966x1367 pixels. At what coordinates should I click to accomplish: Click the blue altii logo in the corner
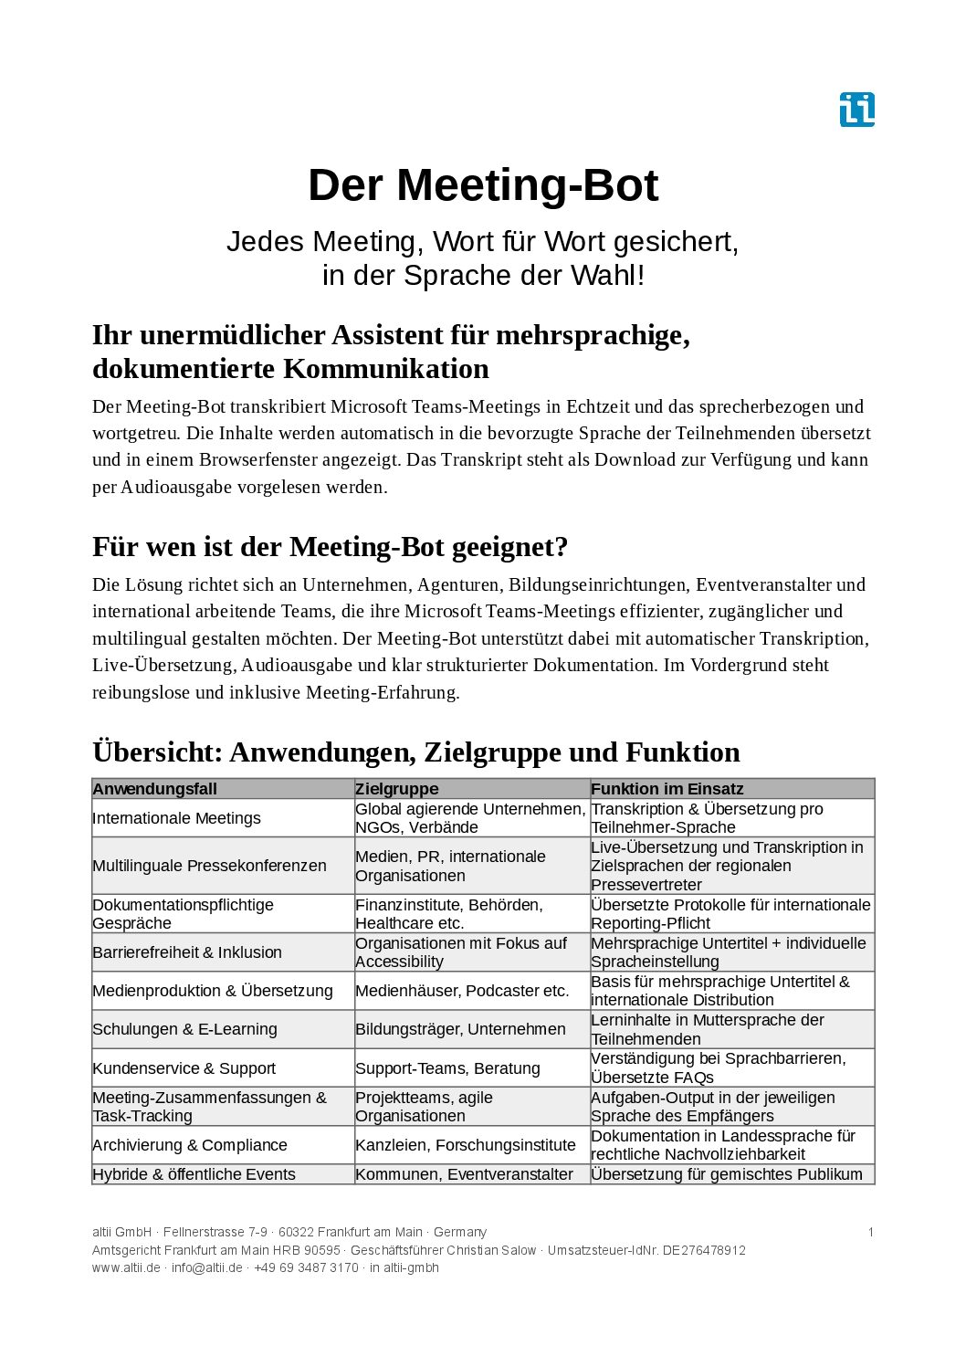[856, 110]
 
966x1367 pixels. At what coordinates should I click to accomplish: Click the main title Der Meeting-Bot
[483, 185]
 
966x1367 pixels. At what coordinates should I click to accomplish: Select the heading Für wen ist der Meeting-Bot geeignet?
[330, 547]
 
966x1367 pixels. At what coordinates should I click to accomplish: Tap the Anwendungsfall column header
[155, 789]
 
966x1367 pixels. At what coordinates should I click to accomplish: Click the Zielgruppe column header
[397, 789]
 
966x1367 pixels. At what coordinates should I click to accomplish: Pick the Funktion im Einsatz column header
[667, 789]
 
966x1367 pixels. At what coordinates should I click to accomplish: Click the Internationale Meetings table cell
[177, 818]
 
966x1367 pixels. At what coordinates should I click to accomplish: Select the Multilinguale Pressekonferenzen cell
[209, 866]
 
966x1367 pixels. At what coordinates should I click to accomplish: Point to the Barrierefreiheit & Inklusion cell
[187, 952]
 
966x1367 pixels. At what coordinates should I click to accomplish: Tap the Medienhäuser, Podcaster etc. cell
[462, 991]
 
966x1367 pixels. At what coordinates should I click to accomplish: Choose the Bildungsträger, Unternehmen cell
[460, 1029]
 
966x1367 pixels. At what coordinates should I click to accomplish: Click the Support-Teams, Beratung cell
[447, 1068]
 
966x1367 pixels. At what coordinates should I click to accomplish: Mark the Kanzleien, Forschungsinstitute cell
[466, 1145]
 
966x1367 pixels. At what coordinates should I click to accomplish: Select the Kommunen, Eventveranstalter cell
[464, 1174]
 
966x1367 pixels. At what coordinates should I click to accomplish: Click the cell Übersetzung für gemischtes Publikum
[727, 1174]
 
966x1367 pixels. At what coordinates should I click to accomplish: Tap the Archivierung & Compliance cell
[190, 1145]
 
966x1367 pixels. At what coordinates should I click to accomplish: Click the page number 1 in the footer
[870, 1232]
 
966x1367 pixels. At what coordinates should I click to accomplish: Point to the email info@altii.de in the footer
[207, 1267]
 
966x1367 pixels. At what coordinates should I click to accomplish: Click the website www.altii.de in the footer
[126, 1267]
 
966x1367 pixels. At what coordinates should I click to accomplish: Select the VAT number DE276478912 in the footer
[704, 1250]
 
